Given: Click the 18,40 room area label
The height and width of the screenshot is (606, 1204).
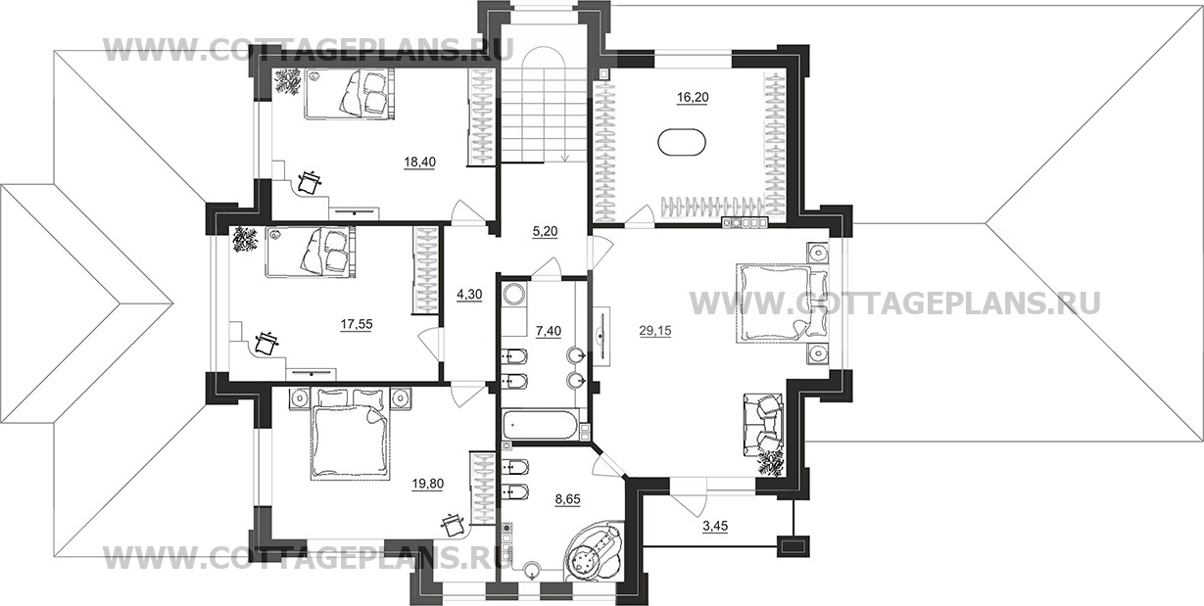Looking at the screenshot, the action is [420, 162].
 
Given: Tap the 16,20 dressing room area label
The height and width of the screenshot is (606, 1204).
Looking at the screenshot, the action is [693, 98].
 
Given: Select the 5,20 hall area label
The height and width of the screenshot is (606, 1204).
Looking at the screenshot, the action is [544, 232].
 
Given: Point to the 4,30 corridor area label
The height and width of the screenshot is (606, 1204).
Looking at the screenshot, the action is [469, 295].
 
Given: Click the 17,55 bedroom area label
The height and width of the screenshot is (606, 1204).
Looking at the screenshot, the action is [357, 324].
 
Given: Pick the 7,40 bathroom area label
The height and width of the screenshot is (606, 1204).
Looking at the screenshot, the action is [549, 332].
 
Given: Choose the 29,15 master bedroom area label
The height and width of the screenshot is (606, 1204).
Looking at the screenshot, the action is [655, 332].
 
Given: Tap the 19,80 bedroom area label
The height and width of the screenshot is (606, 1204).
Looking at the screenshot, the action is [428, 484].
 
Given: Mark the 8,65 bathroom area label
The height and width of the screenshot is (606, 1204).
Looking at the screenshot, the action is [567, 499].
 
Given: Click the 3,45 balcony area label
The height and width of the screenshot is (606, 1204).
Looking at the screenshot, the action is [715, 527].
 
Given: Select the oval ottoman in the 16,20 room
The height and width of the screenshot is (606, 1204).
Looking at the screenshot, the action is [682, 143].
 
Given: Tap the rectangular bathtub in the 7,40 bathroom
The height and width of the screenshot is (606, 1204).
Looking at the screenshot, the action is [540, 425].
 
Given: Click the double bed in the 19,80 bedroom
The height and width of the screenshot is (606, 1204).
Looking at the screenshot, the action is [351, 434].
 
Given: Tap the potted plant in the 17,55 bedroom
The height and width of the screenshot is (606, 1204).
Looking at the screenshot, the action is [245, 240].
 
